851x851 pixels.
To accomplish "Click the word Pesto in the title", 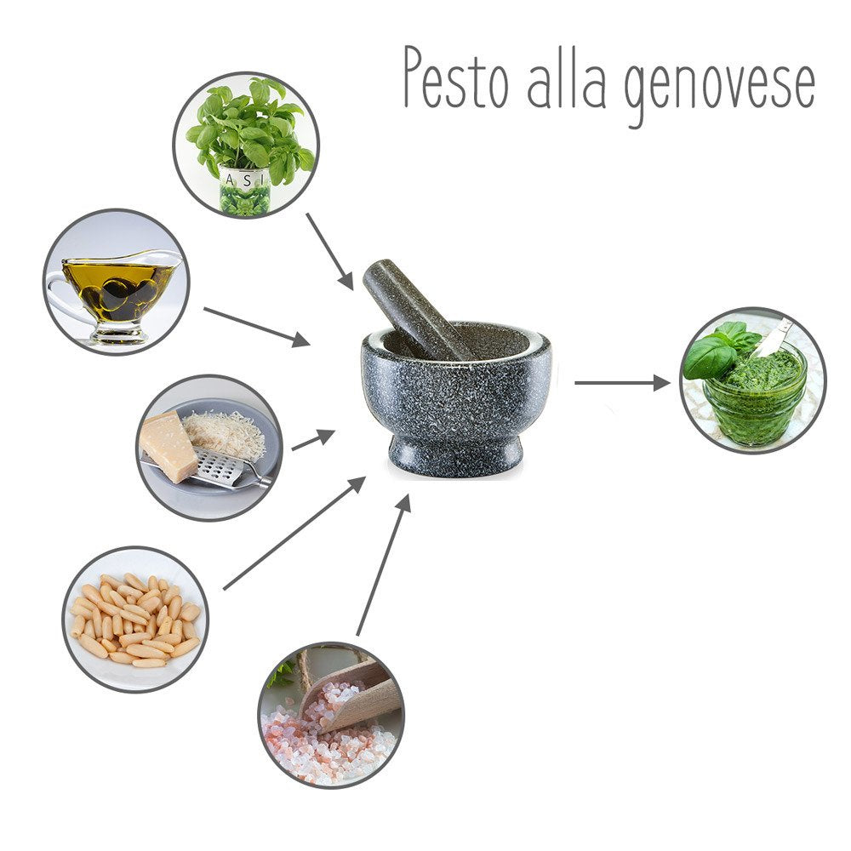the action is click(x=456, y=77).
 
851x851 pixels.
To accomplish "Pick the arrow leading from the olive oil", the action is click(x=257, y=327).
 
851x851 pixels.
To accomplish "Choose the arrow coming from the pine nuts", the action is click(x=294, y=533).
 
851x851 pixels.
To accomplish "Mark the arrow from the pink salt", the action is click(x=383, y=565).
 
